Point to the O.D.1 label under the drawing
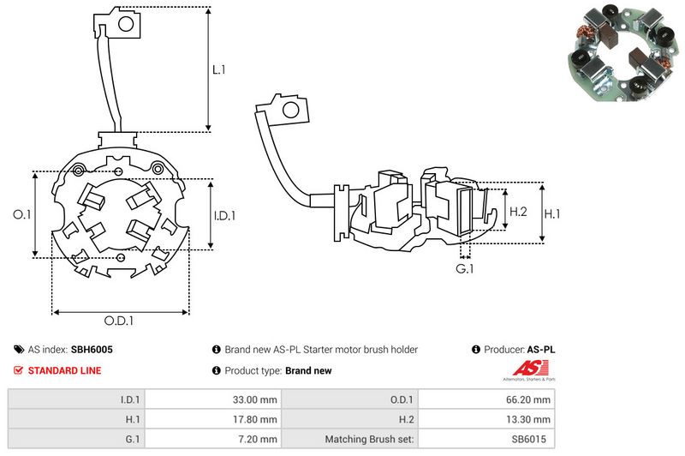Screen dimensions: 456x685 119,321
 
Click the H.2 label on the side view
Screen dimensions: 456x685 518,210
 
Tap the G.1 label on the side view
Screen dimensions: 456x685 464,269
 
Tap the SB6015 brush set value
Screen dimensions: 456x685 532,440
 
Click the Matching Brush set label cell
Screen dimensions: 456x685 369,440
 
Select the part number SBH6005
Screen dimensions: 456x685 92,350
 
